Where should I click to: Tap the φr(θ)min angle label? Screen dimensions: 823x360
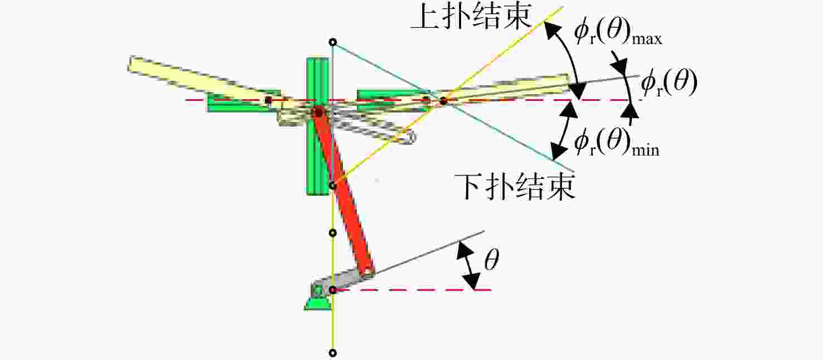click(x=617, y=144)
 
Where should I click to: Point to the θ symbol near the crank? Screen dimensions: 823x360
click(x=492, y=260)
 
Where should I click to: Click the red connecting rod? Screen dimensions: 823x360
click(x=344, y=192)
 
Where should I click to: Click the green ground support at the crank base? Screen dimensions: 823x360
click(x=317, y=303)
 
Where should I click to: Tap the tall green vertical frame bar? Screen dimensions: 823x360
click(x=317, y=126)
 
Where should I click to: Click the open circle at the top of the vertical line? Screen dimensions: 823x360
click(x=332, y=42)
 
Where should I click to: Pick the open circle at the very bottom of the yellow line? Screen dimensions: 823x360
click(x=332, y=353)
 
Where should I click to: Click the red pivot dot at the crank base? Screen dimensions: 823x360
click(x=332, y=290)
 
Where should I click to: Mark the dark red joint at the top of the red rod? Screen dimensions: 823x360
click(x=318, y=111)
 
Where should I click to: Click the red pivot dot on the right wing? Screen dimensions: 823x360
click(x=443, y=100)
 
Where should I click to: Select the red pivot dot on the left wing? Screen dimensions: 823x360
click(x=269, y=100)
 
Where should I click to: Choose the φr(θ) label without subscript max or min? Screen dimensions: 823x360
click(x=669, y=83)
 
